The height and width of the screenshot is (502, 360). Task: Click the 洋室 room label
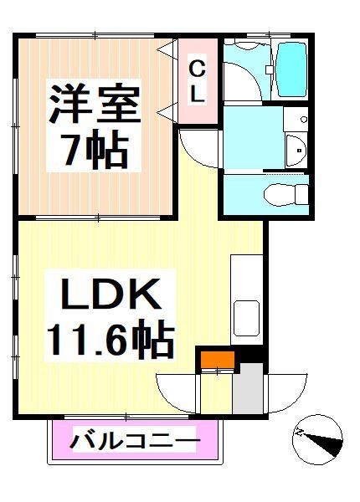(95, 104)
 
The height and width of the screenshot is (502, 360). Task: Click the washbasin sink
(296, 151)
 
